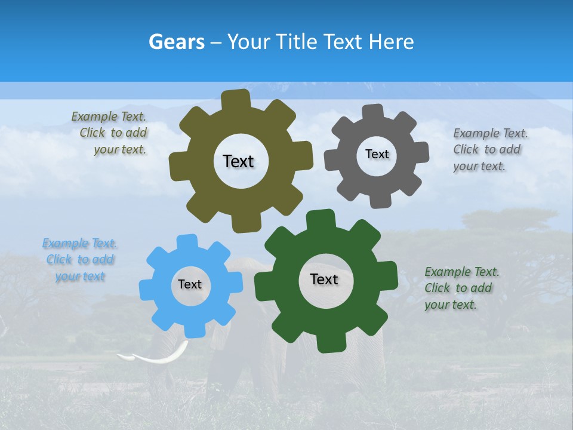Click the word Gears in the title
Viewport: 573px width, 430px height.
(177, 42)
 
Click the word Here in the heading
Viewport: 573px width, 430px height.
(392, 42)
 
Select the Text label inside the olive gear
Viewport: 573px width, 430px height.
(238, 161)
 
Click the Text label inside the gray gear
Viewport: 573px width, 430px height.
(377, 154)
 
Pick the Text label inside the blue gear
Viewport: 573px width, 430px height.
(190, 284)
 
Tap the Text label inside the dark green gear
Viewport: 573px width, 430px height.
(324, 279)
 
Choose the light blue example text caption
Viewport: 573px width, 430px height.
(80, 260)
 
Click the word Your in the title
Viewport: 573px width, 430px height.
(246, 42)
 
